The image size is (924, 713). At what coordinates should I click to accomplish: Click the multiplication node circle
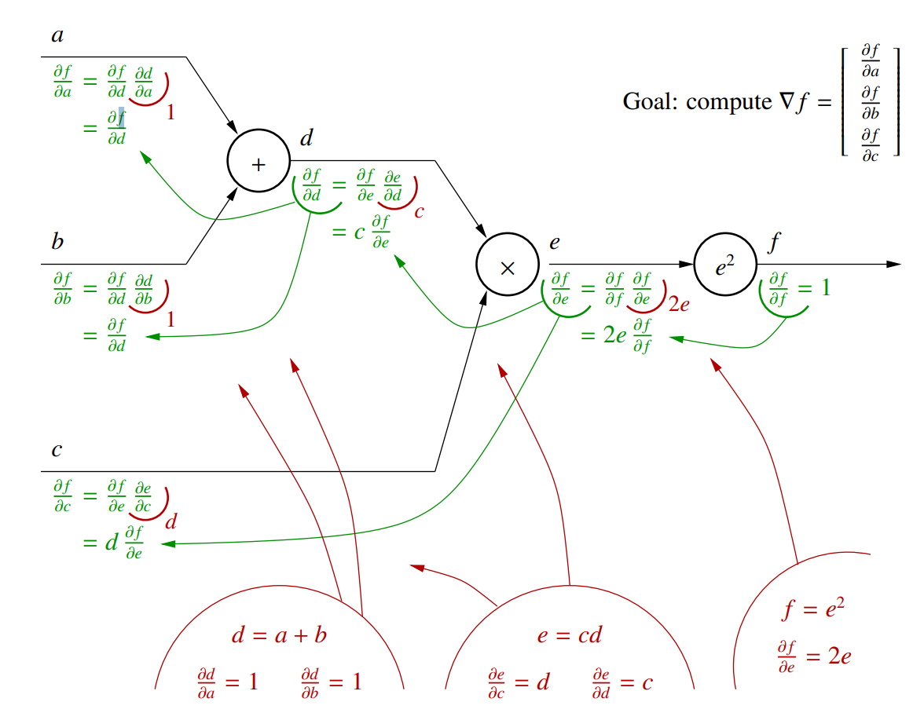point(507,265)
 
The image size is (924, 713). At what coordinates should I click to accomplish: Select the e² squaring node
point(724,265)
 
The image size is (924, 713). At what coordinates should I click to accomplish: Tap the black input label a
point(57,35)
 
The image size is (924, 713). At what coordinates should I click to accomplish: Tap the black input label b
point(57,242)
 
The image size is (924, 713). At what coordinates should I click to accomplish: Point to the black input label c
point(57,450)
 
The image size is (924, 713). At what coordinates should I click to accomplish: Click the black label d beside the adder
point(306,140)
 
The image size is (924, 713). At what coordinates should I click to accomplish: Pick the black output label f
point(774,243)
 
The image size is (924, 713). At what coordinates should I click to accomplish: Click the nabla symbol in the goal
point(783,101)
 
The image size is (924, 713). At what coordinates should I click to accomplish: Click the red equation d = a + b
point(279,634)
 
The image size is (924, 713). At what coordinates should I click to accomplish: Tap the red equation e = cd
point(570,634)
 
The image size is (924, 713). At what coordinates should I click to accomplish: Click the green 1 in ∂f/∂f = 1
point(825,287)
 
